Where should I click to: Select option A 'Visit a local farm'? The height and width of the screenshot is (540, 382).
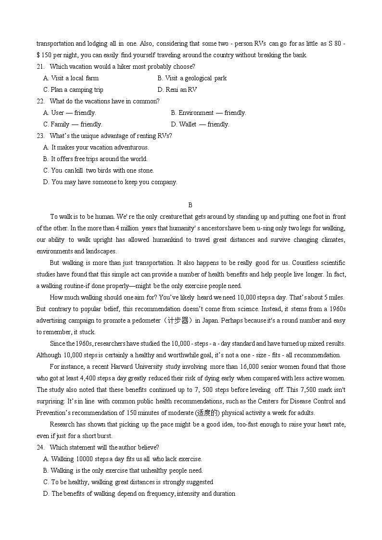(71, 78)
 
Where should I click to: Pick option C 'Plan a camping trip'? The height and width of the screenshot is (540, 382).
(73, 90)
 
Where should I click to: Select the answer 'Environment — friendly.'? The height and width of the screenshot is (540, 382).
(208, 113)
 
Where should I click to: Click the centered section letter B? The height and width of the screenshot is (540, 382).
(191, 205)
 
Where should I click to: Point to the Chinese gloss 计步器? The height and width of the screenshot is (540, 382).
(178, 321)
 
